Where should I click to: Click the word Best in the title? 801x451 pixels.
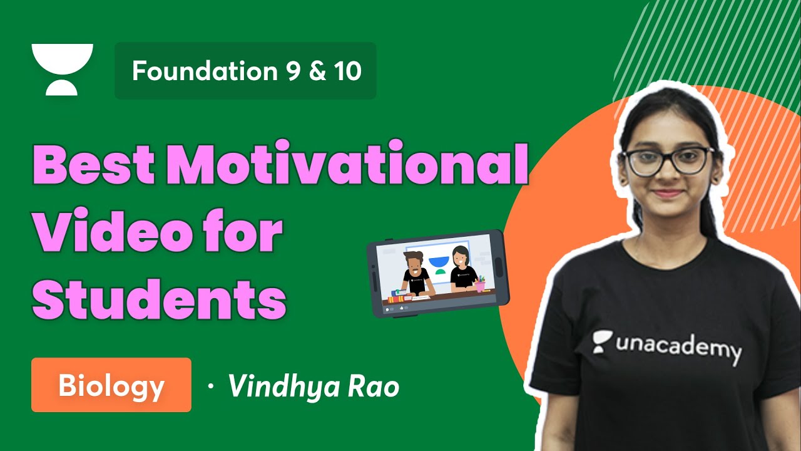click(x=93, y=165)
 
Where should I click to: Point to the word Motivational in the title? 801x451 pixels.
click(x=347, y=165)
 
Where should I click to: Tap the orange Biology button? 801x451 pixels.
click(x=111, y=385)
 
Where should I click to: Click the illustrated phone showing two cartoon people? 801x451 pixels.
click(x=437, y=272)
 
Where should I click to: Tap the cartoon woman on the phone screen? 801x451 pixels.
click(x=462, y=269)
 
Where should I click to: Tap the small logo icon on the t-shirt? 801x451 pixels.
click(x=603, y=340)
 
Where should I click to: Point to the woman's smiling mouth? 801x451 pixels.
click(x=667, y=194)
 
